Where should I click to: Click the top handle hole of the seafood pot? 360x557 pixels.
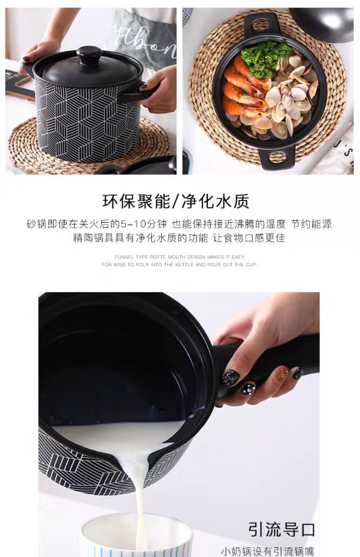262,25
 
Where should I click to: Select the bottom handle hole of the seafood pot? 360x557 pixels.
277,157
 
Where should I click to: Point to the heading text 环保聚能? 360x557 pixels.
136,201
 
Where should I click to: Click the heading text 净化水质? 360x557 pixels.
215,201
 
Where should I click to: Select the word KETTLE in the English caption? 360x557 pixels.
184,265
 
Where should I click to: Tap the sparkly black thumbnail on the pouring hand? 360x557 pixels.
230,377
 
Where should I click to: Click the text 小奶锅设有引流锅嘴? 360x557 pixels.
267,551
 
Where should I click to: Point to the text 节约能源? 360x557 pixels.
311,224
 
